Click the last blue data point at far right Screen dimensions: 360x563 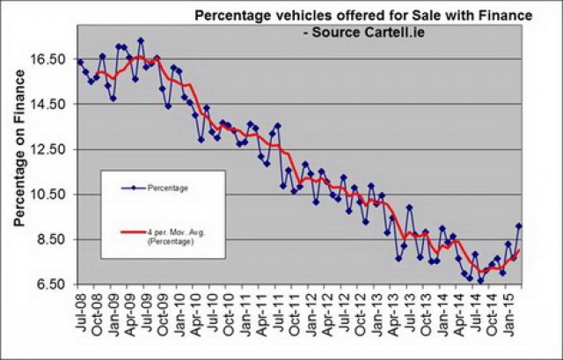[519, 226]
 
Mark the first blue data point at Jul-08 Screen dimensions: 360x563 [80, 62]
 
